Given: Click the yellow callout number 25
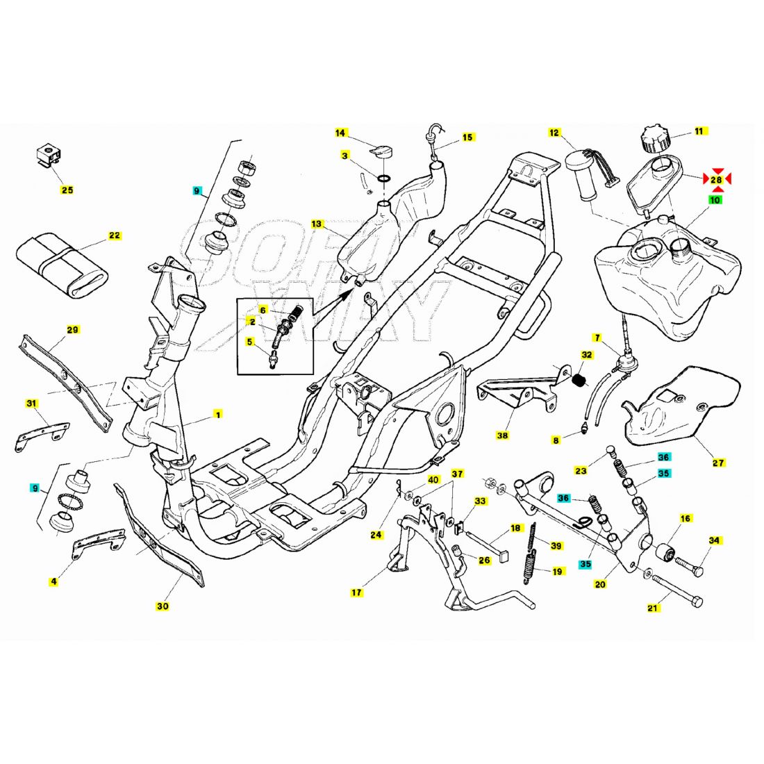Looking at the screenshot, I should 67,190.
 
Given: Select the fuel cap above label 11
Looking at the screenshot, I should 654,138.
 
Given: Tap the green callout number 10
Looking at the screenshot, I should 715,199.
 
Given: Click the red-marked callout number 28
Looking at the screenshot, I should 717,180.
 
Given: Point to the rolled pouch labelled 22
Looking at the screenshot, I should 63,260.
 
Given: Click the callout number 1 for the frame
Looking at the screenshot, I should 217,415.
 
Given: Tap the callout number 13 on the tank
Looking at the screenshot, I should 317,224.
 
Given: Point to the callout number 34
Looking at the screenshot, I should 714,540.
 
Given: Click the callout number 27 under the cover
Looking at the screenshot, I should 718,463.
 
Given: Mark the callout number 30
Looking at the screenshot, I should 162,606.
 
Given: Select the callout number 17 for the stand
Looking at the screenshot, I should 356,592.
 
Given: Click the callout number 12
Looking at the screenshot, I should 554,132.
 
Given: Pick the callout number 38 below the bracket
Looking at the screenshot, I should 502,435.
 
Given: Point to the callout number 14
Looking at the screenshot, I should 340,132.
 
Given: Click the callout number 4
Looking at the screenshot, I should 53,581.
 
